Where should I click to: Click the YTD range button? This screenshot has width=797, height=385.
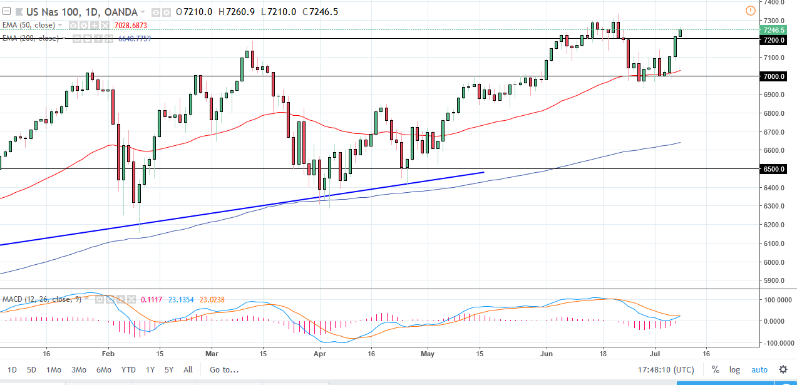pyautogui.click(x=128, y=370)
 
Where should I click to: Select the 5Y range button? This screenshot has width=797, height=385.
pyautogui.click(x=168, y=370)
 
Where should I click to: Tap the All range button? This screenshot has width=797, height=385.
pyautogui.click(x=188, y=370)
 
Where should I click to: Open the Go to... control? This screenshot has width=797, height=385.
pyautogui.click(x=225, y=370)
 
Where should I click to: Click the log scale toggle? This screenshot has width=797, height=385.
pyautogui.click(x=734, y=370)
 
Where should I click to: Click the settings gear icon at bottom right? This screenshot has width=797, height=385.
pyautogui.click(x=783, y=369)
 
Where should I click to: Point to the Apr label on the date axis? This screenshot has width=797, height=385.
pyautogui.click(x=319, y=352)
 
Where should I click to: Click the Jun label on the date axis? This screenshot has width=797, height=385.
pyautogui.click(x=547, y=352)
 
